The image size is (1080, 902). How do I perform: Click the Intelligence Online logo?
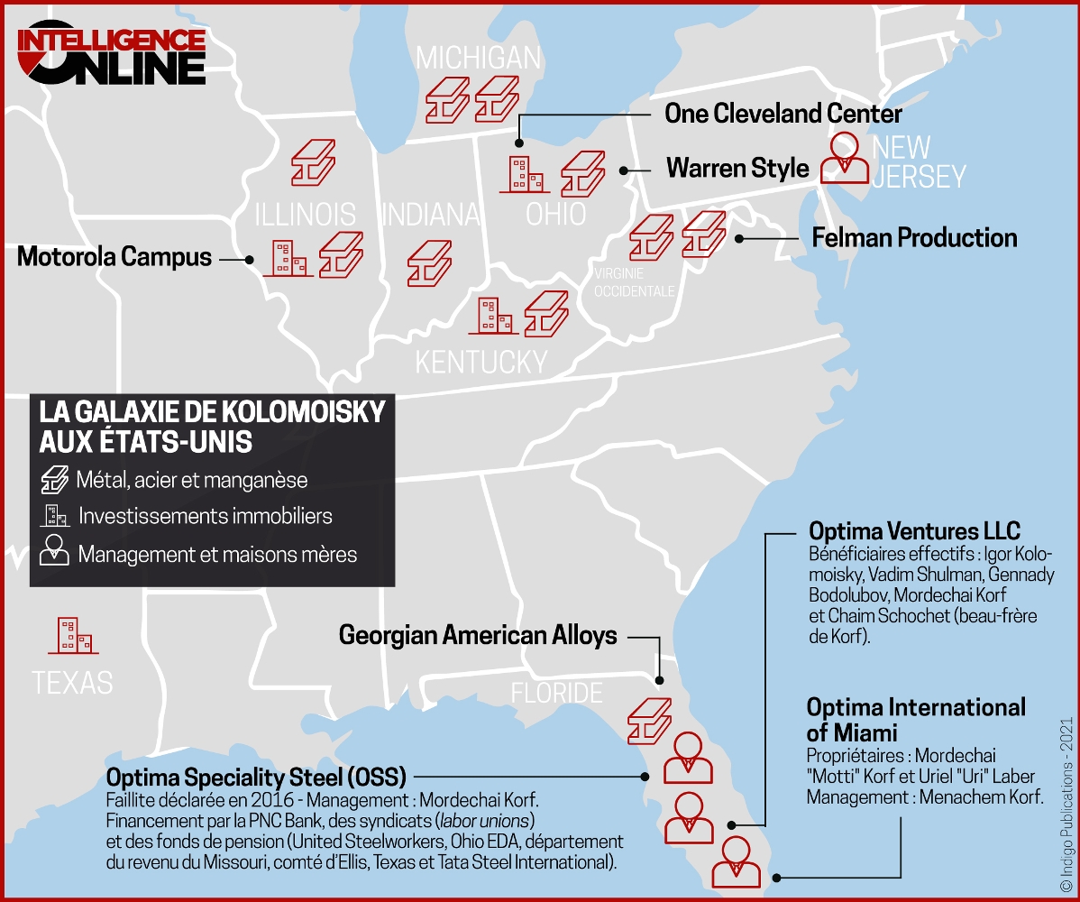point(112,54)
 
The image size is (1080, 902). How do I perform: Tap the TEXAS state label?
point(72,683)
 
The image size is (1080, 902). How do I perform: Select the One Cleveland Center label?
point(783,114)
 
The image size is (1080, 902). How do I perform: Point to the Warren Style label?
point(737,169)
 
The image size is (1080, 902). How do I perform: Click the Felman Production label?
point(914,238)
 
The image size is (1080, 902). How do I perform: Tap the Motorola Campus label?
point(114,257)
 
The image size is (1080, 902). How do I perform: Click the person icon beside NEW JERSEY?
point(845,159)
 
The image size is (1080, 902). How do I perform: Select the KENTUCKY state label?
point(481,362)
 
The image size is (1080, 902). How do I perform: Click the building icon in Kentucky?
point(495,316)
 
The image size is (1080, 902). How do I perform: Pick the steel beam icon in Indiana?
point(428,262)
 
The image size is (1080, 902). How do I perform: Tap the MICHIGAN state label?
point(478,59)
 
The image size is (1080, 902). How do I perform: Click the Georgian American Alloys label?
point(478,636)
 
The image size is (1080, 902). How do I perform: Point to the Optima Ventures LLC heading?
point(914,530)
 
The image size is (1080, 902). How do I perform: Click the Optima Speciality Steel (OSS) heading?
point(256,777)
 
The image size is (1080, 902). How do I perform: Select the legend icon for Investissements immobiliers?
point(55,517)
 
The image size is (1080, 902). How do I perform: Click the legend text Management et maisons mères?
point(217,554)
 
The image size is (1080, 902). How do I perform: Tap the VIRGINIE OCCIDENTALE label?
point(634,282)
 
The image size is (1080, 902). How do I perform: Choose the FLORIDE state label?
point(556,693)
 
